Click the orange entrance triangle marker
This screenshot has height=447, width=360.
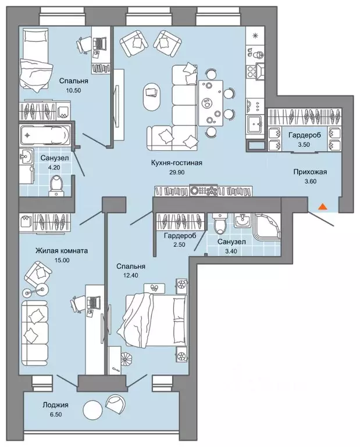(322, 207)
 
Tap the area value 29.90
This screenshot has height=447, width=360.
(177, 172)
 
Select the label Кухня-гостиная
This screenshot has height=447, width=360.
(177, 163)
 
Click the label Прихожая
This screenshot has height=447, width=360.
(310, 172)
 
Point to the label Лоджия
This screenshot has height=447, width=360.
(55, 405)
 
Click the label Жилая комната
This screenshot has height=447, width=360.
(62, 251)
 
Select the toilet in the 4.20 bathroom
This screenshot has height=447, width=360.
(56, 185)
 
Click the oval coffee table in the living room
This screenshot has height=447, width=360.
(152, 97)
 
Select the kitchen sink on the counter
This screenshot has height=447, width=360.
(255, 125)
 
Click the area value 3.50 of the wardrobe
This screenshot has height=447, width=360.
(304, 144)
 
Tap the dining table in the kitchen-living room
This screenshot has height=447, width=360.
(211, 103)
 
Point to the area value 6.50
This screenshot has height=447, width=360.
(55, 414)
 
